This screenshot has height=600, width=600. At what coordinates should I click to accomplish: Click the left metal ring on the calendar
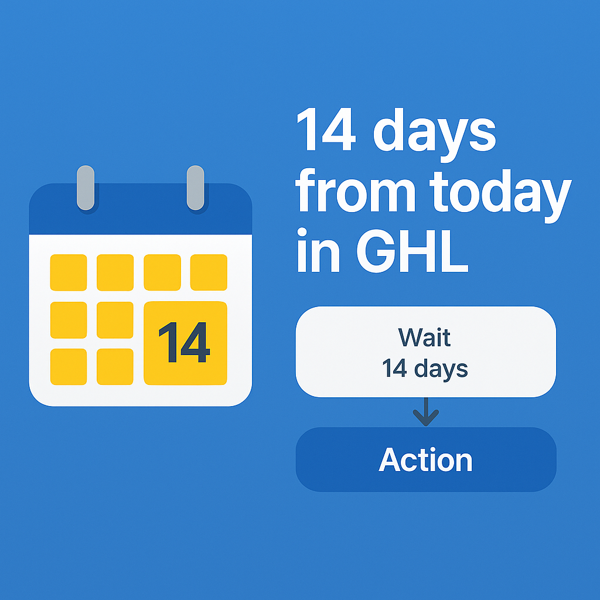coord(86,187)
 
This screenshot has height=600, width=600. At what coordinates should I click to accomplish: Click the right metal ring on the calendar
coord(195,187)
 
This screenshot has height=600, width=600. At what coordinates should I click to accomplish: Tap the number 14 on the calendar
coord(184,342)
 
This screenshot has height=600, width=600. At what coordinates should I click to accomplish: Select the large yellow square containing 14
coord(185,343)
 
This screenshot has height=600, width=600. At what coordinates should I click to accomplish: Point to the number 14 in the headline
coord(326,129)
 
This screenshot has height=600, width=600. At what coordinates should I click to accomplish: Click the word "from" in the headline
coord(355,190)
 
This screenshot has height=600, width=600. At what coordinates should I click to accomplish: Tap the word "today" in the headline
coord(500,196)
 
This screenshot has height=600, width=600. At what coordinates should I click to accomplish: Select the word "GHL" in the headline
coord(412,251)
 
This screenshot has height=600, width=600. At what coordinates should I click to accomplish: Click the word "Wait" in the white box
coord(424,337)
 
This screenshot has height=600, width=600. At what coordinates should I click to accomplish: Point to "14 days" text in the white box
coord(425,369)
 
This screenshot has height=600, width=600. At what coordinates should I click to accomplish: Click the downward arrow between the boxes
coord(426,412)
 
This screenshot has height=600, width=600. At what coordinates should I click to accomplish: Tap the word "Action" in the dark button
coord(425,459)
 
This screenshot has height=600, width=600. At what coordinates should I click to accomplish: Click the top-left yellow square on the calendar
coord(69,272)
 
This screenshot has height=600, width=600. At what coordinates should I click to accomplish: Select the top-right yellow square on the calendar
coord(209,272)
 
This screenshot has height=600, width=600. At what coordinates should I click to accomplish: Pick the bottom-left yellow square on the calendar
coord(69,367)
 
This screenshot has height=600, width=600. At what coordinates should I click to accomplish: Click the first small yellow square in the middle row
coord(69,320)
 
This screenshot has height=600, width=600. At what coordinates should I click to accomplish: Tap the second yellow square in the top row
coord(115,272)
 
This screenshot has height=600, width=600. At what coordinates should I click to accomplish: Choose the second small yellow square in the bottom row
coord(115,367)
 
